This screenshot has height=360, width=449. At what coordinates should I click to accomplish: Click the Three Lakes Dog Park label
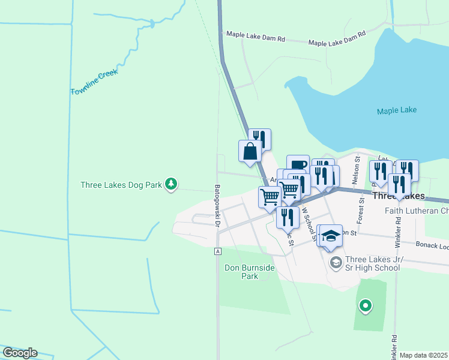(121, 185)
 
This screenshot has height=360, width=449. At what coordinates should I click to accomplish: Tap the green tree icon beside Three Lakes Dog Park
(172, 184)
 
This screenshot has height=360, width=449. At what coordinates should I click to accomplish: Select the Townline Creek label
(94, 82)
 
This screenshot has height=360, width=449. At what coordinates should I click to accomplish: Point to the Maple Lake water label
(396, 110)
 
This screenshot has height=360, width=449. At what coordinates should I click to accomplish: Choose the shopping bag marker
(250, 151)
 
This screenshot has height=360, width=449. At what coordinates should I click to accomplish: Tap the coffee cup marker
(298, 165)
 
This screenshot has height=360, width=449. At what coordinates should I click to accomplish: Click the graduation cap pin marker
(330, 236)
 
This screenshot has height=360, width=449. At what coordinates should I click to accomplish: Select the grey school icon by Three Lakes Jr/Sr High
(336, 262)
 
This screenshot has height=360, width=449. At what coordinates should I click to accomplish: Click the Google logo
(20, 353)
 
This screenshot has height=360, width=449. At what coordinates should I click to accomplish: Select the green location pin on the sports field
(365, 307)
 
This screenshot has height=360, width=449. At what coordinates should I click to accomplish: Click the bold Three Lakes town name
(399, 196)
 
